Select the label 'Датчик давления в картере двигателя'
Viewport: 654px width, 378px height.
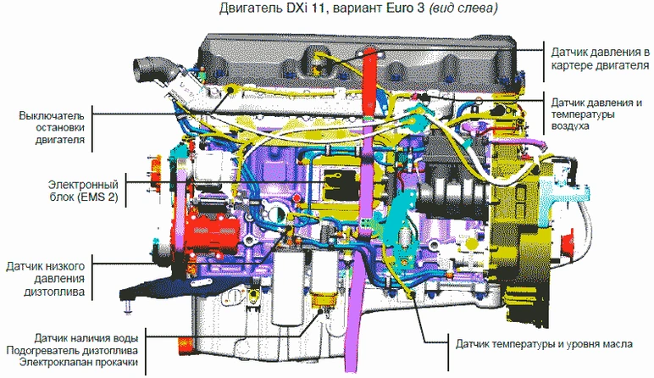click(600, 58)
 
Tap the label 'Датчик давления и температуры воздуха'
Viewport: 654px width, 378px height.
click(596, 114)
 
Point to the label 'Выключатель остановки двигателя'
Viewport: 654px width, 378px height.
click(52, 127)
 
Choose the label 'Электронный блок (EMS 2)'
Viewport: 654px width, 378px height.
click(83, 191)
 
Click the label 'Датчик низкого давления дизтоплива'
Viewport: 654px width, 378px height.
click(46, 279)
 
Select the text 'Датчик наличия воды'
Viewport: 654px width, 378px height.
click(86, 337)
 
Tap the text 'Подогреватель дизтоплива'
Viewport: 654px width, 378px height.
click(72, 350)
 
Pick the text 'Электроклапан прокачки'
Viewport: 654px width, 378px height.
click(79, 362)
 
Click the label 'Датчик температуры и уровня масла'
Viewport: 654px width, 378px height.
click(544, 344)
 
